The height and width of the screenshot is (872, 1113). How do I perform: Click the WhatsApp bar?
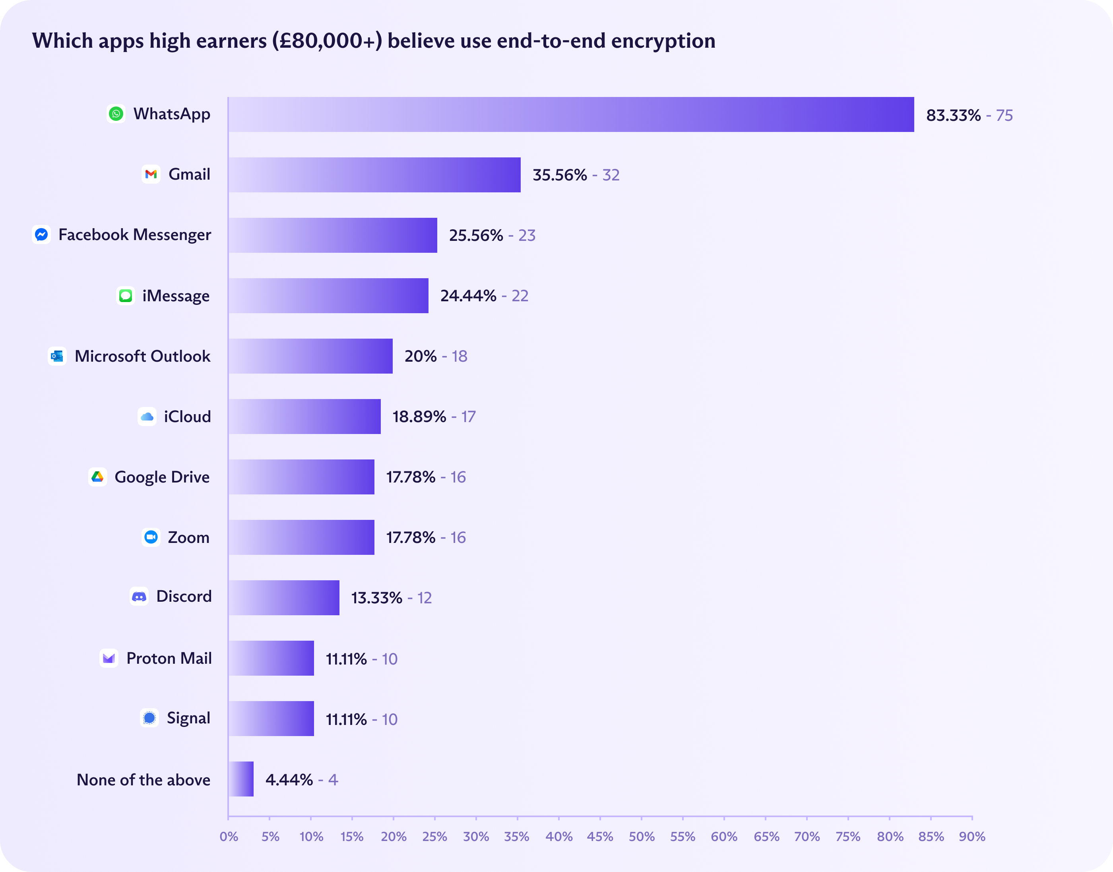[571, 114]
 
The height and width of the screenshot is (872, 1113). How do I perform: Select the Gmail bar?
[374, 174]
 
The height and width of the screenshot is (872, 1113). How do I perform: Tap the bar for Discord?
[284, 597]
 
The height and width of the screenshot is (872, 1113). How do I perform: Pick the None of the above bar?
[241, 779]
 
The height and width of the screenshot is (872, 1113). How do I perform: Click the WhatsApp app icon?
[116, 114]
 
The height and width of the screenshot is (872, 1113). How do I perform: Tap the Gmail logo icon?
[151, 174]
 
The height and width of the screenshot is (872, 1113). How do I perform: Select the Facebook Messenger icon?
[41, 234]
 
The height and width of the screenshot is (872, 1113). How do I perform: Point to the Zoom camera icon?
[151, 537]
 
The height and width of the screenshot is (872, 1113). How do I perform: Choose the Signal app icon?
[149, 718]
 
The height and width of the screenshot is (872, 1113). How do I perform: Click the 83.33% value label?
[953, 115]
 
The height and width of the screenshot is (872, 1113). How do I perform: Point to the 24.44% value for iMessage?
[468, 296]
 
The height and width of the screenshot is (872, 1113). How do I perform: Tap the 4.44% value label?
[289, 779]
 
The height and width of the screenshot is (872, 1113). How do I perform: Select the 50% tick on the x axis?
[642, 836]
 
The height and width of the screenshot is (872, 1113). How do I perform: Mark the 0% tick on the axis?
[229, 836]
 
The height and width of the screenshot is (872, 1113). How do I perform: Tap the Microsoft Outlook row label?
[142, 356]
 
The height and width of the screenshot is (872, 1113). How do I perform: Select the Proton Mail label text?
[169, 658]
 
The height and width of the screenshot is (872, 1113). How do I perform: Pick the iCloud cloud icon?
[147, 417]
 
